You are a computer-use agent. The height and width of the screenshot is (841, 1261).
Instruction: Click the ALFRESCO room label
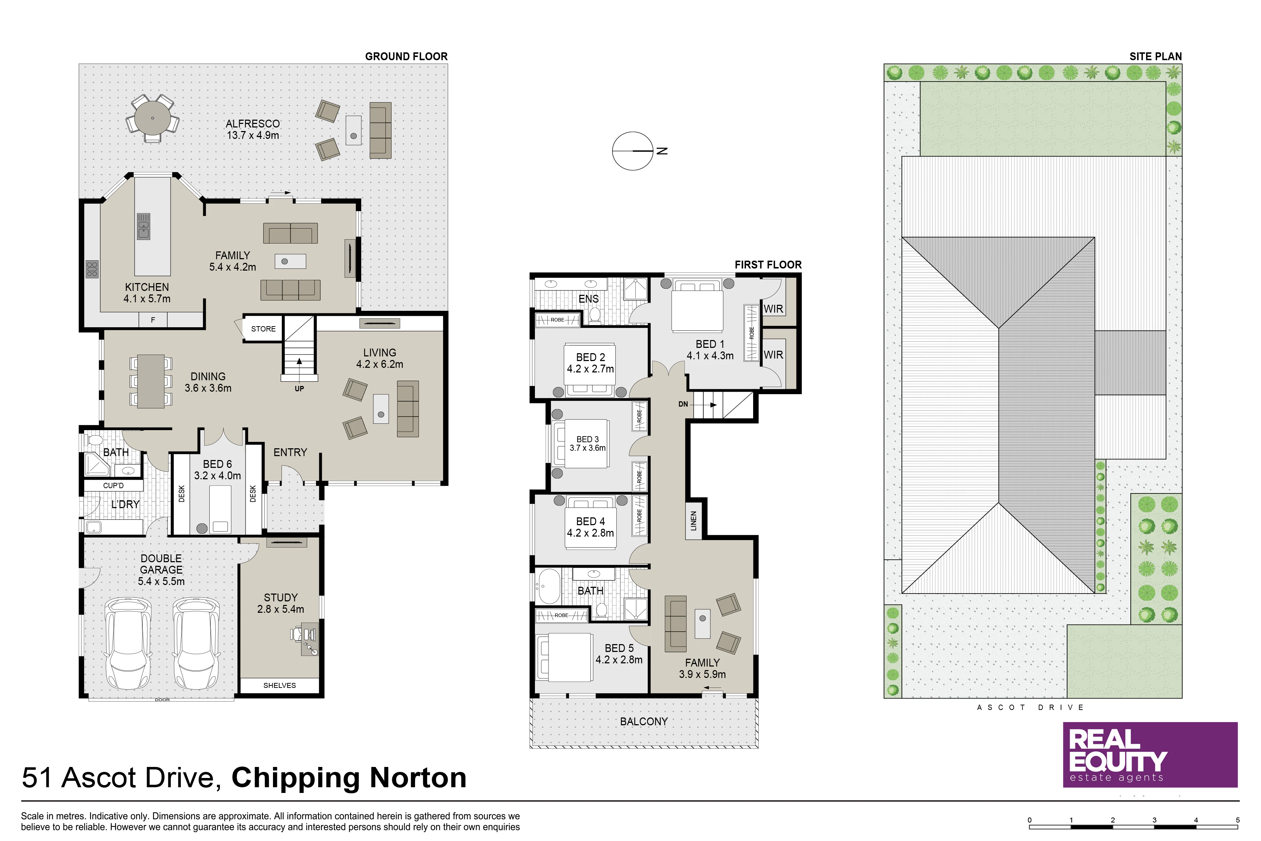pyautogui.click(x=253, y=123)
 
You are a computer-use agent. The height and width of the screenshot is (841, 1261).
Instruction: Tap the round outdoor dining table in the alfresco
pyautogui.click(x=153, y=118)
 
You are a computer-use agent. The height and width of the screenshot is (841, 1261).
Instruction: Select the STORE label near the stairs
pyautogui.click(x=263, y=329)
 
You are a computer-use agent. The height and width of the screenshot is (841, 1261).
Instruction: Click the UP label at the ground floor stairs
pyautogui.click(x=299, y=389)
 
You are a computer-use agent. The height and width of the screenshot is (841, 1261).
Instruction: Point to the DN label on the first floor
pyautogui.click(x=683, y=404)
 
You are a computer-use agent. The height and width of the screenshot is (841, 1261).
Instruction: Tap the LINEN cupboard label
pyautogui.click(x=693, y=521)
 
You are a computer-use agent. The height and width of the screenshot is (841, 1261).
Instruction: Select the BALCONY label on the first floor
pyautogui.click(x=644, y=721)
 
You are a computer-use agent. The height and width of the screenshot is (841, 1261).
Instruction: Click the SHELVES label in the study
pyautogui.click(x=279, y=685)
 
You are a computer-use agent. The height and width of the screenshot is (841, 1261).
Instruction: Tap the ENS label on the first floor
pyautogui.click(x=589, y=299)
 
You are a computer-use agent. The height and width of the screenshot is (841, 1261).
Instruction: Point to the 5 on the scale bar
pyautogui.click(x=1238, y=820)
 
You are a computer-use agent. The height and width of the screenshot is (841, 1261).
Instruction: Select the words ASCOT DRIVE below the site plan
pyautogui.click(x=1030, y=707)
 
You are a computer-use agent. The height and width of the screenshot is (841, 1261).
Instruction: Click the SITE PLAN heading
pyautogui.click(x=1155, y=56)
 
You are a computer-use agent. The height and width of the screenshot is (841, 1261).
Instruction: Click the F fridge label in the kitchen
pyautogui.click(x=153, y=320)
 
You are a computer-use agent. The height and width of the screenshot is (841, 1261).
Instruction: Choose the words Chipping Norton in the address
pyautogui.click(x=349, y=777)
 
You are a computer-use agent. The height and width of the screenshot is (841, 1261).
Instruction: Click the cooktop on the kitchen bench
pyautogui.click(x=92, y=269)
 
